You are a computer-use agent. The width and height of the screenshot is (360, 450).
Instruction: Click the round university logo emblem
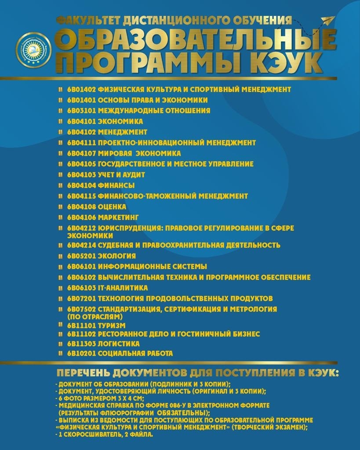click(x=34, y=50)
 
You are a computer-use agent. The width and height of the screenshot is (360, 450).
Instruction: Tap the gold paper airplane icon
click(x=327, y=20)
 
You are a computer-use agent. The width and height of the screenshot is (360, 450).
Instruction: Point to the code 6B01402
click(x=81, y=89)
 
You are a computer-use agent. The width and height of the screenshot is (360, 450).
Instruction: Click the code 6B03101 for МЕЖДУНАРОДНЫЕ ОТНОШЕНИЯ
click(x=81, y=111)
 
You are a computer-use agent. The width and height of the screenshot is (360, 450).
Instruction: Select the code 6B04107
click(x=81, y=153)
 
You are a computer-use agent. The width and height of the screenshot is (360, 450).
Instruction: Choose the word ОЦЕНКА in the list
click(x=112, y=207)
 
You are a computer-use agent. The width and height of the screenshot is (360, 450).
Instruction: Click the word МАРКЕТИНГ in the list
click(x=118, y=217)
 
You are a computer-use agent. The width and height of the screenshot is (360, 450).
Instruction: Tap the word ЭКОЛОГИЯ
click(x=116, y=256)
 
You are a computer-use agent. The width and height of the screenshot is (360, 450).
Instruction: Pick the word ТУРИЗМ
click(x=112, y=326)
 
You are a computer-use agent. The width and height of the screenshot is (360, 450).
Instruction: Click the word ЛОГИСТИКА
click(x=119, y=344)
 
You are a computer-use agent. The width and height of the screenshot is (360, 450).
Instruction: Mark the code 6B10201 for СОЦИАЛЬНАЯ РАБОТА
click(x=81, y=353)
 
